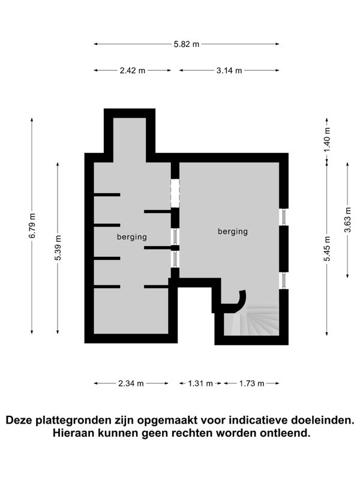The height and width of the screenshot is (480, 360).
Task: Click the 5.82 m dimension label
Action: pos(187,44)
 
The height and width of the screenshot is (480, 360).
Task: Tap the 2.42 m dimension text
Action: pos(132,70)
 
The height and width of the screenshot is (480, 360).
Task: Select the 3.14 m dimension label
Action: pos(229,70)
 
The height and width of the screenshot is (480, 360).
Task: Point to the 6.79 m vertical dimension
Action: pos(32,226)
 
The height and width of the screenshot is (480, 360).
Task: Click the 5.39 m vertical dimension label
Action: pos(58,248)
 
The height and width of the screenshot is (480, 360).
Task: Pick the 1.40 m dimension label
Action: pos(327,139)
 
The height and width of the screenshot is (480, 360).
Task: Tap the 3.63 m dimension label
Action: pos(347,220)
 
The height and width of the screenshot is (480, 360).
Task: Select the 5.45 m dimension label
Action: pos(327,249)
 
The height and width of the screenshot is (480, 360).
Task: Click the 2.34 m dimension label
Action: pos(131,383)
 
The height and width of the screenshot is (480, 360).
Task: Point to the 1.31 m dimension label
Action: pos(200,383)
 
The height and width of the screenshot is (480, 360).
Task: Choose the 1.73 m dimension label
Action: pos(251,383)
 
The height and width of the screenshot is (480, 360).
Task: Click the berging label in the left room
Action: pos(132,237)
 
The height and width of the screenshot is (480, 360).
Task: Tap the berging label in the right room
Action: pos(233,232)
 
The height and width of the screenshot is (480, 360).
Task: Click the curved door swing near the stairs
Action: pos(242,302)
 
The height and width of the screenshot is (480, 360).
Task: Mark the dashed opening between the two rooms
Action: pos(175,193)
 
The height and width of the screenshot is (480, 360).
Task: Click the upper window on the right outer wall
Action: pos(284,217)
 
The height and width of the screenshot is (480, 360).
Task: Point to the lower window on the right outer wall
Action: pos(284,280)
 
